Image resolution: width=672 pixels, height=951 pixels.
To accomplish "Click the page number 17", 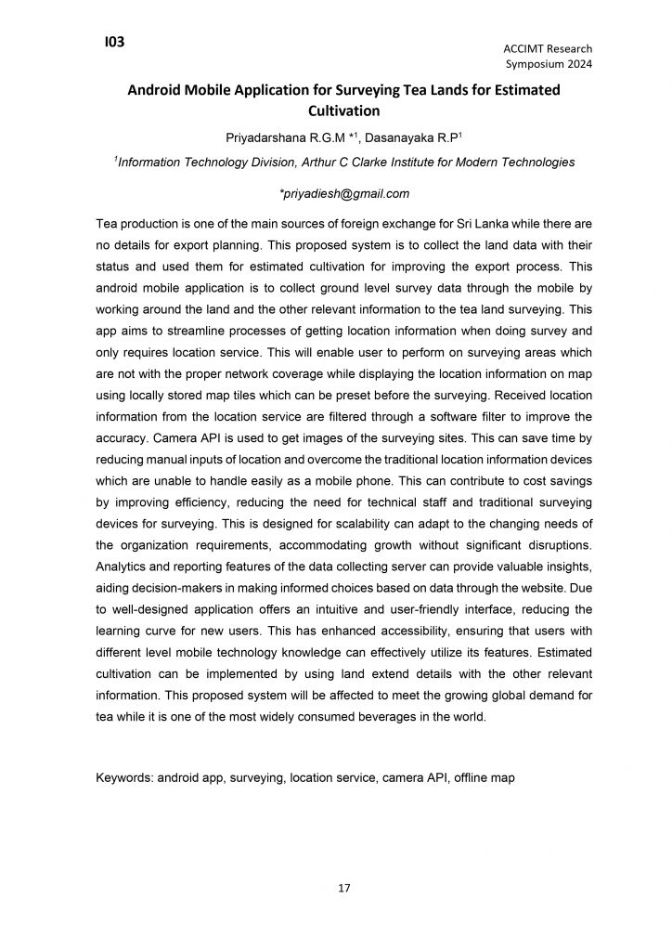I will [x=343, y=890].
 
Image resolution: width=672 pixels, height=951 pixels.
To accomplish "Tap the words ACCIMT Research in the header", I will [x=548, y=48].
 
